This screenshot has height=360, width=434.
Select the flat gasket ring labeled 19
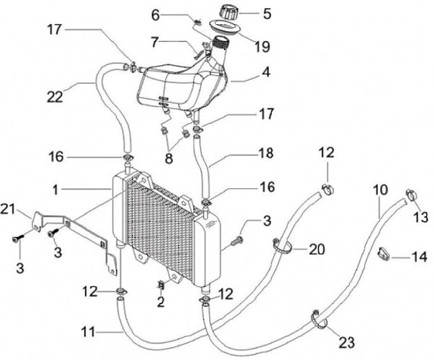point(223,27)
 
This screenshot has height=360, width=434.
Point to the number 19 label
point(262,45)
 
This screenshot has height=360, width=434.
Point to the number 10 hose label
point(379,189)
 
